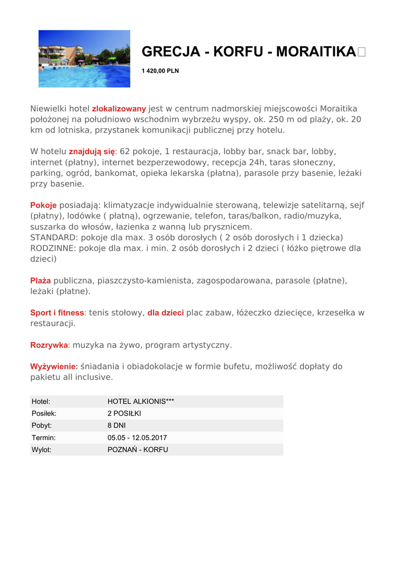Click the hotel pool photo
84,58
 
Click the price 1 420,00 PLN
160,71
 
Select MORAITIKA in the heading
316,52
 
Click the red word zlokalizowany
119,109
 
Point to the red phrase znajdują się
91,151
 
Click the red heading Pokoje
43,205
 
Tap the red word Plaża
40,281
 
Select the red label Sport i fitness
57,313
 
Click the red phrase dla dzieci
165,313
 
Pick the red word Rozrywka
49,345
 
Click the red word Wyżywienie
52,367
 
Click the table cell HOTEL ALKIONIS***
141,401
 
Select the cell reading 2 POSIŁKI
124,413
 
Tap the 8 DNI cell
116,425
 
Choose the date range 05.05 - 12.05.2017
137,438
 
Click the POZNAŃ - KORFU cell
138,450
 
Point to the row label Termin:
43,438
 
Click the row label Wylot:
42,450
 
